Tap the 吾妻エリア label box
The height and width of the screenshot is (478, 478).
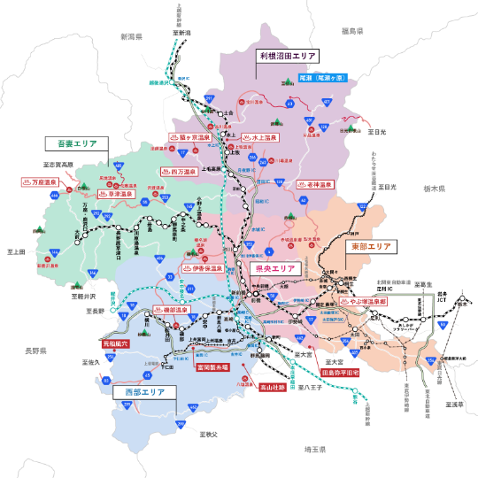[x=77, y=143]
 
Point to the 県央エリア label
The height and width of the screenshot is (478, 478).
[x=274, y=268]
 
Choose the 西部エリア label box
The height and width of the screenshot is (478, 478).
[x=143, y=390]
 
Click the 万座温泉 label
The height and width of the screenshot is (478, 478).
[x=39, y=181]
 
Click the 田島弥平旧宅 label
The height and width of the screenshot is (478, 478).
[x=340, y=374]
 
